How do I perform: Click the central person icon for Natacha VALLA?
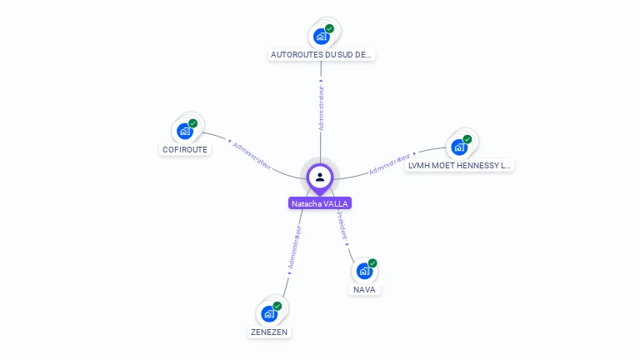[x=320, y=177]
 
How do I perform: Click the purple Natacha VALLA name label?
[x=320, y=203]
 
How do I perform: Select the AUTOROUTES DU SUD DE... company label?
[x=322, y=55]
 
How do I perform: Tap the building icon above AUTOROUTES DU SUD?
[x=321, y=37]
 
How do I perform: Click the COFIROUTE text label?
[x=185, y=150]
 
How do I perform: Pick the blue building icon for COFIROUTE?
[x=185, y=132]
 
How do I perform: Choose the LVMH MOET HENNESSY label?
[x=459, y=166]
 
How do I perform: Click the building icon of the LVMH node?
[x=458, y=147]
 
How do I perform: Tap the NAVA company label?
[x=364, y=290]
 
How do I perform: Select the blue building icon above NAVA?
[x=363, y=271]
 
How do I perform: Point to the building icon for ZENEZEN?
[x=268, y=313]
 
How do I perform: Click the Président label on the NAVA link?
[x=342, y=226]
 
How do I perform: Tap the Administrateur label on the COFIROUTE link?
[x=252, y=155]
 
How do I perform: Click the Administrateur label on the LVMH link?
[x=390, y=164]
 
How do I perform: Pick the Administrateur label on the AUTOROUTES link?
[x=321, y=107]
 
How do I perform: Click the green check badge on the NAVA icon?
[x=372, y=263]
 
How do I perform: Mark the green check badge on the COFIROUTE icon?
[x=193, y=123]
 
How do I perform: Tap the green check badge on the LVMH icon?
[x=467, y=139]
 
